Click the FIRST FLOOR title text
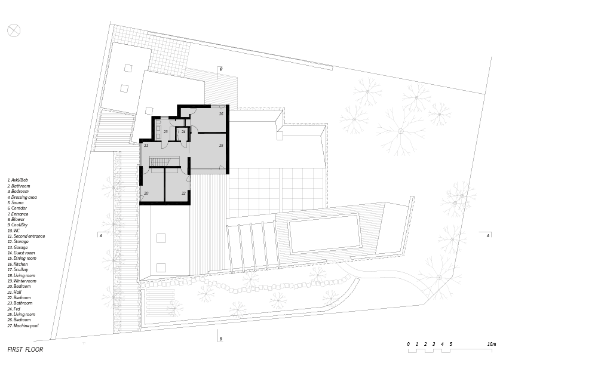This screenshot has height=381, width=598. pos(25,350)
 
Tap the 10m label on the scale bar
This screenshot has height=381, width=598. pos(492,344)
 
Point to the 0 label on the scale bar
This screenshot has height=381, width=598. pos(408,344)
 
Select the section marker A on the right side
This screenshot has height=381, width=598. pos(488,235)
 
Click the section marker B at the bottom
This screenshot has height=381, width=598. pos(220,339)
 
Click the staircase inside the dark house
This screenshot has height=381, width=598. pos(161,162)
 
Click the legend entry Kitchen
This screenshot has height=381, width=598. pos(18,264)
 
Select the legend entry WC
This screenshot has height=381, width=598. pos(14,231)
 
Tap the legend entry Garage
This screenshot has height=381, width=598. pos(18,247)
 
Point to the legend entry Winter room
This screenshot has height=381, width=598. pos(22,281)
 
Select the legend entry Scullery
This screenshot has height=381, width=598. pos(18,270)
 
